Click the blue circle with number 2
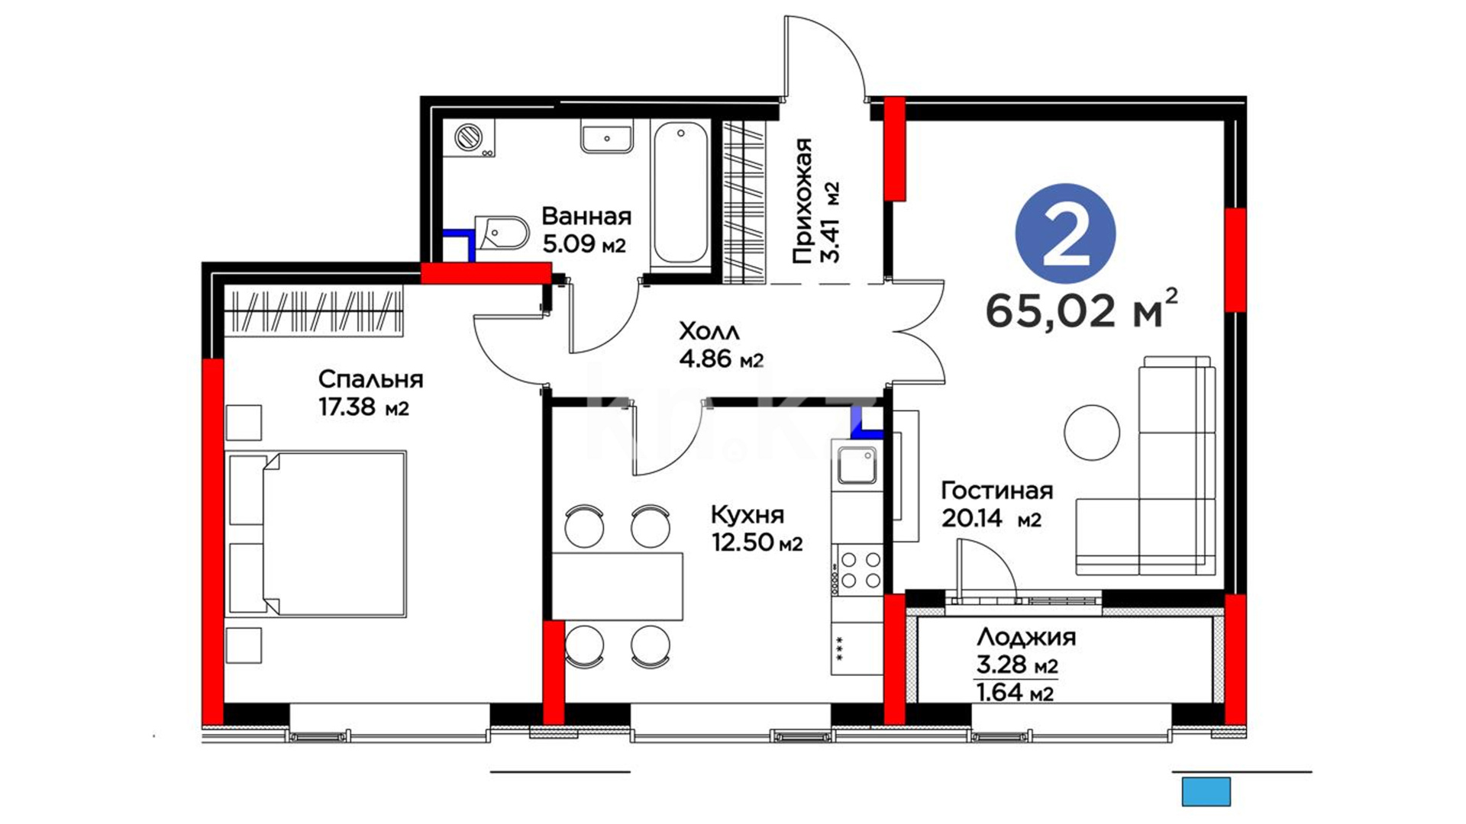click(1065, 233)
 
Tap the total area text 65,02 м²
click(1081, 309)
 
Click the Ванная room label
click(586, 217)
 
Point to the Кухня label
click(748, 514)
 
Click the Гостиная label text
click(996, 490)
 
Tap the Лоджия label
click(1026, 637)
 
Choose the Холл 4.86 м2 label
click(721, 345)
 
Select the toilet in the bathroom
click(502, 234)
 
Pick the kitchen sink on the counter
click(857, 465)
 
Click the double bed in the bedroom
click(316, 533)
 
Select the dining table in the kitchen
click(617, 586)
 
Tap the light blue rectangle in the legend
click(1206, 792)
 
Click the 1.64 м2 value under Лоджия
click(1016, 693)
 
